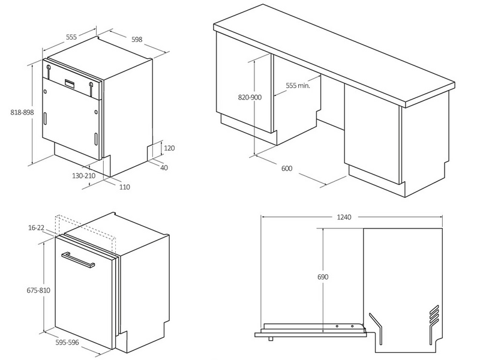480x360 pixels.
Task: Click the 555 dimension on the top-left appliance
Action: point(71,37)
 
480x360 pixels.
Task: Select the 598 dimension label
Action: point(137,40)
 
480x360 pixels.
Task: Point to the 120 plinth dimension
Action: point(169,148)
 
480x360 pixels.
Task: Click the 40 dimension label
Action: point(164,167)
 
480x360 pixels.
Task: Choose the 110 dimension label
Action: point(124,187)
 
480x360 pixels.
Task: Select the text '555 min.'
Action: point(298,86)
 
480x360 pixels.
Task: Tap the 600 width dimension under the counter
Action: point(286,168)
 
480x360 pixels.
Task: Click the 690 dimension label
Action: point(323,278)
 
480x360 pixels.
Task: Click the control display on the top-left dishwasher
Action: point(70,83)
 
